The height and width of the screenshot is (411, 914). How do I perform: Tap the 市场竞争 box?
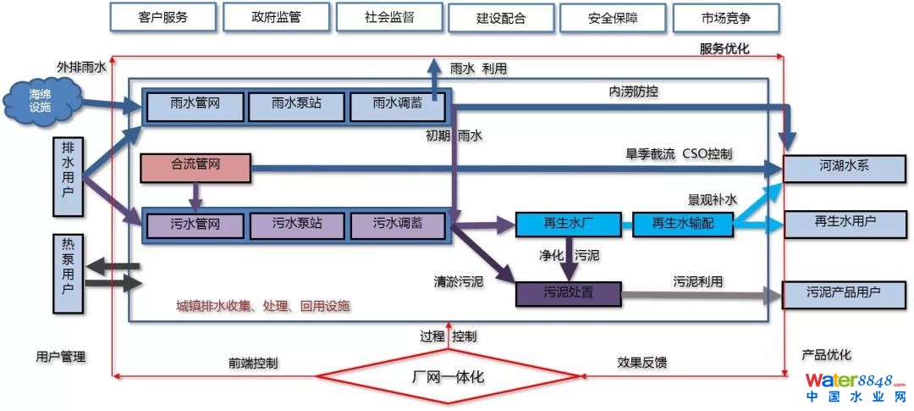point(725,18)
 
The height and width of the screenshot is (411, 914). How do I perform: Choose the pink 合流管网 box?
point(195,167)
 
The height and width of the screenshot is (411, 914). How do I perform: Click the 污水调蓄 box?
point(397,225)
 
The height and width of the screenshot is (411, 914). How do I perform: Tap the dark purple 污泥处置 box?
point(568,293)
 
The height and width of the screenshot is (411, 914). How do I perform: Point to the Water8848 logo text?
point(855,380)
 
